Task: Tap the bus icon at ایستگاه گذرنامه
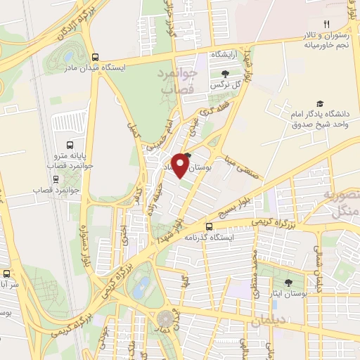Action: [209, 226]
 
